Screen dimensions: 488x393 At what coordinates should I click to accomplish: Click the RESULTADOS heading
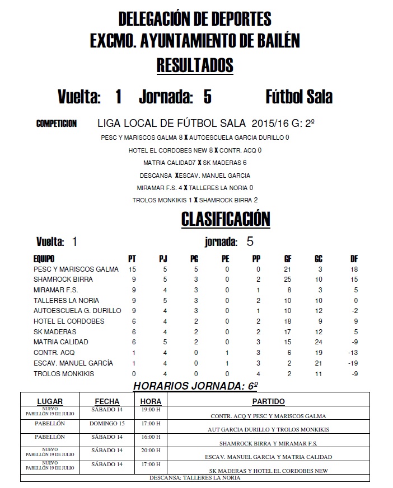(x=195, y=65)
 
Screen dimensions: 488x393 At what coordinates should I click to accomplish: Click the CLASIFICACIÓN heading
(x=226, y=219)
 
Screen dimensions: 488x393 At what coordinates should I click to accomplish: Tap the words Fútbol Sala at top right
(x=298, y=97)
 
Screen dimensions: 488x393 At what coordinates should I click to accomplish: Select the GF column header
(x=288, y=259)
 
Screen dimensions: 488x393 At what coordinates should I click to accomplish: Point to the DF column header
(x=354, y=259)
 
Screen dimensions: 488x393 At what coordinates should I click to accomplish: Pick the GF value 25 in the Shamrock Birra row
(x=288, y=279)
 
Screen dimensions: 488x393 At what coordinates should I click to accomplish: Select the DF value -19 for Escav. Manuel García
(x=354, y=363)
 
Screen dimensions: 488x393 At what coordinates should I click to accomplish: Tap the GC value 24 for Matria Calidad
(x=319, y=342)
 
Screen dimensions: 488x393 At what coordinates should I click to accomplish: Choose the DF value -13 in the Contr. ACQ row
(x=354, y=353)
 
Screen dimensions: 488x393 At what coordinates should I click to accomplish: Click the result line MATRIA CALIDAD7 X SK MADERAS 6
(x=195, y=163)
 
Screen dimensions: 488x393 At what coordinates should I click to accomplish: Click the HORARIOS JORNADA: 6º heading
(x=195, y=386)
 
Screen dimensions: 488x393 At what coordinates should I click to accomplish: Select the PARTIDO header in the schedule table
(x=269, y=401)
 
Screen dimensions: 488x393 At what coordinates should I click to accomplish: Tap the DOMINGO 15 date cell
(x=106, y=423)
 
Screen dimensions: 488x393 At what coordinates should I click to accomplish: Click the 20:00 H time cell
(x=151, y=451)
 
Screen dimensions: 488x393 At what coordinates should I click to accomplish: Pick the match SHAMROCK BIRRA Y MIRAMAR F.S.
(x=269, y=443)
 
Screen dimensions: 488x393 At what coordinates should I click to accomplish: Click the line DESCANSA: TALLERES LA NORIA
(x=195, y=478)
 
